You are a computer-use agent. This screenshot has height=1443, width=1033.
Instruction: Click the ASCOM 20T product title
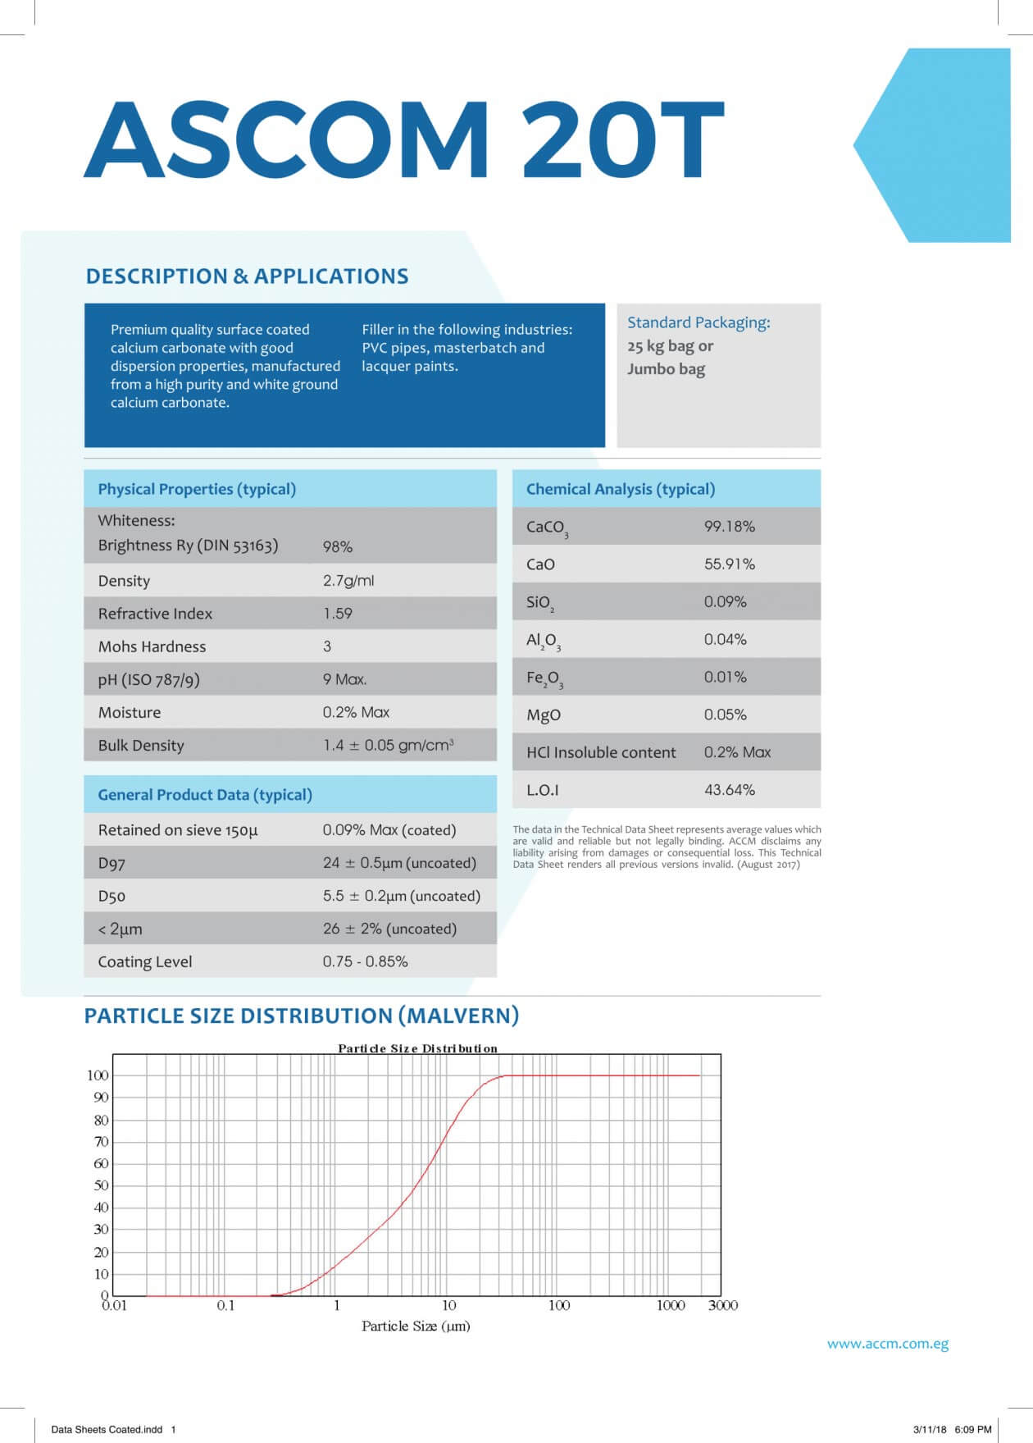pos(403,139)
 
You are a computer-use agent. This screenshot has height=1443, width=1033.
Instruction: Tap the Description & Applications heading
pos(247,276)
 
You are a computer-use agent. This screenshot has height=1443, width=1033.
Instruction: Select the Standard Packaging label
pos(699,322)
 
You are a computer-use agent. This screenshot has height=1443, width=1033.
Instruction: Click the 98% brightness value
pos(337,546)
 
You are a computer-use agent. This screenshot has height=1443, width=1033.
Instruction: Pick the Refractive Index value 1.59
pos(337,614)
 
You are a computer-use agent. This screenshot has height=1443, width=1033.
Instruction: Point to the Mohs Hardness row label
pos(152,646)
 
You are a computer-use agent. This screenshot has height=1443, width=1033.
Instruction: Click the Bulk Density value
pos(388,745)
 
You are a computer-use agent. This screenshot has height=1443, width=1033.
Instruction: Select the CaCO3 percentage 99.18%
pos(729,527)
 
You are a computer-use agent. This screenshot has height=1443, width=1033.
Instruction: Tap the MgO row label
pos(543,715)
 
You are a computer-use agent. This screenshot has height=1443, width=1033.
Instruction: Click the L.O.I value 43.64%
pos(729,790)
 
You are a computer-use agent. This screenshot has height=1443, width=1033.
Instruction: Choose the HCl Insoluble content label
pos(601,752)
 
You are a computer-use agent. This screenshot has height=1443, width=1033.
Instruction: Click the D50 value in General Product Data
pos(401,896)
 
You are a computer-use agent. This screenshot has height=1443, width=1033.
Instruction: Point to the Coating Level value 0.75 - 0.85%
pos(365,961)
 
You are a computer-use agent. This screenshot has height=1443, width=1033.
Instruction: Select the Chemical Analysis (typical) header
pos(620,489)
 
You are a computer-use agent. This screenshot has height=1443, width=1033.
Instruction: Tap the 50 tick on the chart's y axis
pos(101,1185)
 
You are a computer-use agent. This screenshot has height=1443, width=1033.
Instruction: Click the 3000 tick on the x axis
pos(722,1305)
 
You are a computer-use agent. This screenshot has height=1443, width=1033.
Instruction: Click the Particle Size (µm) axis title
pos(416,1326)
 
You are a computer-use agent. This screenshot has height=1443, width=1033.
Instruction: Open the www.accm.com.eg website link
pos(887,1344)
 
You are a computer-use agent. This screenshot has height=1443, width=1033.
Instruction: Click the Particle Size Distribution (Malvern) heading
pos(302,1016)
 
